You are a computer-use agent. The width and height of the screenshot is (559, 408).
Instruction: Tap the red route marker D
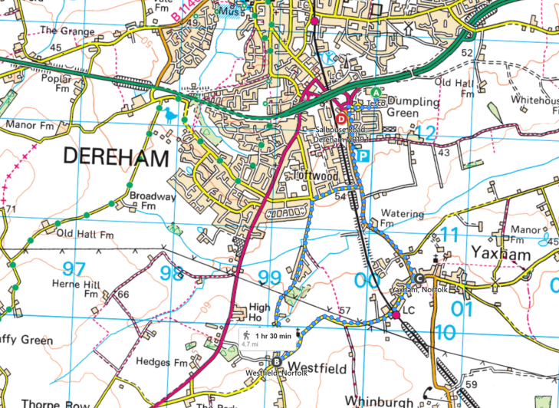pyautogui.click(x=341, y=109)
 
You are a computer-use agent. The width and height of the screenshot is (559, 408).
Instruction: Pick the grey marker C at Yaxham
pyautogui.click(x=419, y=278)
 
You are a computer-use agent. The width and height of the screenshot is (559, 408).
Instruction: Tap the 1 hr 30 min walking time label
pyautogui.click(x=267, y=336)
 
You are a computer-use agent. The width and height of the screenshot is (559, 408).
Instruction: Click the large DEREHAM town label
pyautogui.click(x=116, y=158)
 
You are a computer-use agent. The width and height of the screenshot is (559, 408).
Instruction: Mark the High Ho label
pyautogui.click(x=259, y=312)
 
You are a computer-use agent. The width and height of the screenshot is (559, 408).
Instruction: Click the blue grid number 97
pyautogui.click(x=74, y=269)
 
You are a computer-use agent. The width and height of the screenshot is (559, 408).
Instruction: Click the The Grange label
pyautogui.click(x=67, y=31)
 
